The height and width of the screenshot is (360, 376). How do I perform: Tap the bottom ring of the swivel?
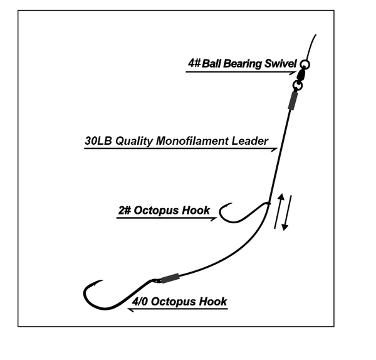pyautogui.click(x=297, y=84)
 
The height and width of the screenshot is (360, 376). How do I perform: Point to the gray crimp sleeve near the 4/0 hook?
pyautogui.click(x=170, y=278)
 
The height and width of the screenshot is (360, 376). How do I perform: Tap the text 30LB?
pyautogui.click(x=98, y=141)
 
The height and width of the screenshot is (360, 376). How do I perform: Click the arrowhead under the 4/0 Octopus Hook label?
pyautogui.click(x=130, y=309)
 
